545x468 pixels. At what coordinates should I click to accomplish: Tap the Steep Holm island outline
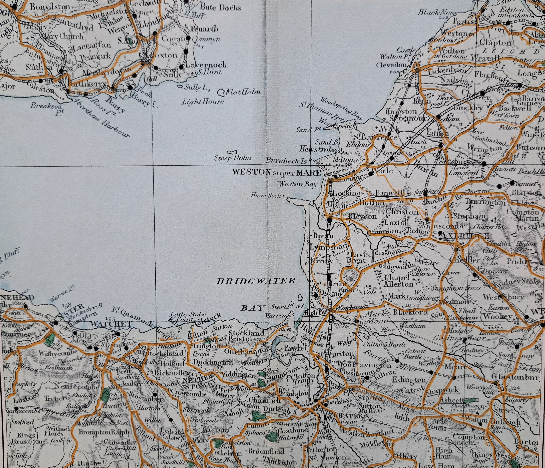coord(232,152)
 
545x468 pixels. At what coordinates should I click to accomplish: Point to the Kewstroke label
coord(318,149)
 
